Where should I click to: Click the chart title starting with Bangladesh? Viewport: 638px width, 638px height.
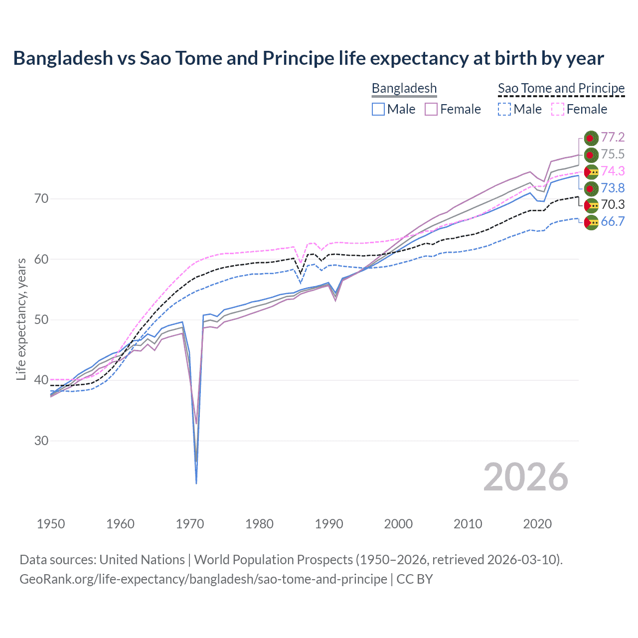tap(308, 58)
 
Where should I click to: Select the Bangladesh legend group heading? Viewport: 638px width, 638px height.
tap(404, 88)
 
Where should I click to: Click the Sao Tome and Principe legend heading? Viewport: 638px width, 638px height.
tap(561, 88)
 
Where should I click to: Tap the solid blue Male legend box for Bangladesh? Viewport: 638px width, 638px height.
tap(378, 109)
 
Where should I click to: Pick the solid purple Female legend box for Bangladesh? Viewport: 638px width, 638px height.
tap(431, 109)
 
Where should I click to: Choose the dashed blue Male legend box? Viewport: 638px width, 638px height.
tap(504, 109)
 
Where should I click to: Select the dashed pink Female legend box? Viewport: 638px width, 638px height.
tap(558, 109)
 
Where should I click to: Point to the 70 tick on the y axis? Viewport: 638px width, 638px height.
tap(41, 198)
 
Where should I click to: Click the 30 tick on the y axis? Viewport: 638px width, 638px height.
tap(41, 441)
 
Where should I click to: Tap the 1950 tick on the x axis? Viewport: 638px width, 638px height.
tap(51, 524)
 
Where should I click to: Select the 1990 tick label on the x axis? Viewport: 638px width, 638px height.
tap(329, 524)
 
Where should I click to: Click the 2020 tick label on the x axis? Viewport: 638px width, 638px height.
tap(537, 524)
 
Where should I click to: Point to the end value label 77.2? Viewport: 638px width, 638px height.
tap(613, 138)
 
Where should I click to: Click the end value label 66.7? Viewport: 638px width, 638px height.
tap(613, 222)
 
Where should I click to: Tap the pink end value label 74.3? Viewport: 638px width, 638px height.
tap(613, 171)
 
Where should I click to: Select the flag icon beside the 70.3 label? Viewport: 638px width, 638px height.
tap(591, 205)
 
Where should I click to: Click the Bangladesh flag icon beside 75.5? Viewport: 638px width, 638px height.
tap(591, 155)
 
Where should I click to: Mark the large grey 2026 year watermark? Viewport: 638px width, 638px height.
tap(525, 477)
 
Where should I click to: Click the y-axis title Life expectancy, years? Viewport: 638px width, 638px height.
tap(21, 319)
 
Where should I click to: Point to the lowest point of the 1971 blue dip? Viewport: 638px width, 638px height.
tap(196, 483)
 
